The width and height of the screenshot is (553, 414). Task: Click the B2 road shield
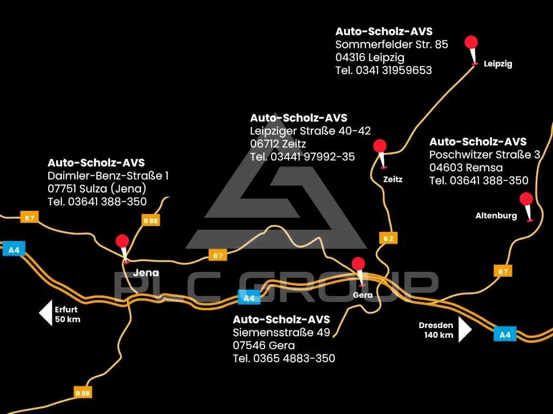[388, 238]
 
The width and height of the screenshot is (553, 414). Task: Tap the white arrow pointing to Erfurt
[46, 313]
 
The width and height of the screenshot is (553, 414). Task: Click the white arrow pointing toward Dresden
[465, 329]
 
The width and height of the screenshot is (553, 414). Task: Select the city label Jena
[146, 273]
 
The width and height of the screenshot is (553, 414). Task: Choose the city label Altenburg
[496, 216]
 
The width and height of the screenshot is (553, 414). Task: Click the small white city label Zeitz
[393, 179]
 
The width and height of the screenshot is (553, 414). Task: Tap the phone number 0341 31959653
[394, 70]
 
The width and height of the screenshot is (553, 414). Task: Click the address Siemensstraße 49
[281, 332]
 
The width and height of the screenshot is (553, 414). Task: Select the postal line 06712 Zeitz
[278, 144]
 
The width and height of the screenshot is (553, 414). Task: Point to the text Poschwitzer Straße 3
[484, 155]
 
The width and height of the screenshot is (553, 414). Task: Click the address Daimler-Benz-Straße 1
[108, 176]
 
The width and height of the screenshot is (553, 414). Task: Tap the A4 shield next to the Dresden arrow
[505, 334]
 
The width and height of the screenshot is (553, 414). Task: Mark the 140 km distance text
[439, 335]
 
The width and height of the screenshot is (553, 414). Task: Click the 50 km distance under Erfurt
[68, 319]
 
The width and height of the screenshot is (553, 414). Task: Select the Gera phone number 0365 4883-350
[294, 358]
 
